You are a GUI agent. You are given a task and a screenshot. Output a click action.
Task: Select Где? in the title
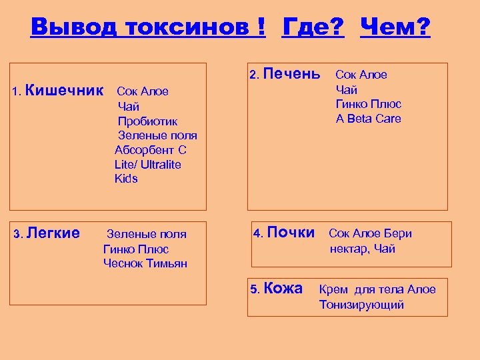pyautogui.click(x=313, y=27)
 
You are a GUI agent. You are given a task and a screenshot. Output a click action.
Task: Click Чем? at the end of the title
pyautogui.click(x=395, y=27)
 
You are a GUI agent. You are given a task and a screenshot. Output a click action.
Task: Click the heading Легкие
pyautogui.click(x=54, y=233)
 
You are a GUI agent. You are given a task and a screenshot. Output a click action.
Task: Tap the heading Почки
pyautogui.click(x=291, y=232)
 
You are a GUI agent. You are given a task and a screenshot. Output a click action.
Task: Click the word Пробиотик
pyautogui.click(x=147, y=121)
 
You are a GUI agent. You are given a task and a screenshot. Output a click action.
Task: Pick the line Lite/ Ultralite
pyautogui.click(x=147, y=164)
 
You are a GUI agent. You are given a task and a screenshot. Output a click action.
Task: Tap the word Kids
pyautogui.click(x=126, y=179)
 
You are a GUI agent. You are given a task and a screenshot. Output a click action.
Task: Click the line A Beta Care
pyautogui.click(x=369, y=119)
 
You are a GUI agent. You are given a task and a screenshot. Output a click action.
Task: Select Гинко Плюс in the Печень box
pyautogui.click(x=369, y=104)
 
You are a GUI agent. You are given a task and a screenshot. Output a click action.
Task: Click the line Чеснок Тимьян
pyautogui.click(x=145, y=263)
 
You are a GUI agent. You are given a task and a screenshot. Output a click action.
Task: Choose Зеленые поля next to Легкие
pyautogui.click(x=147, y=234)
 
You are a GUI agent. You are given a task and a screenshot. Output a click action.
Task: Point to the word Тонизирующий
pyautogui.click(x=361, y=305)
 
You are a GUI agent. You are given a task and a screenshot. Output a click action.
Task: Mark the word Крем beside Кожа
pyautogui.click(x=335, y=289)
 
